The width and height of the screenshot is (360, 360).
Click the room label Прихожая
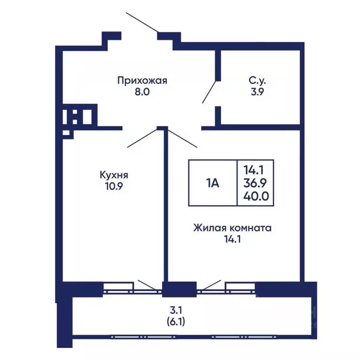pos(142,81)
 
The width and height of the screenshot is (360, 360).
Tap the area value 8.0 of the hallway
pos(142,92)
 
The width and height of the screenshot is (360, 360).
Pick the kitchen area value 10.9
pos(114,186)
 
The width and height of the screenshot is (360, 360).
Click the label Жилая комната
pos(232,229)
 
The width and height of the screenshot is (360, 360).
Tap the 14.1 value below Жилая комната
pos(232,240)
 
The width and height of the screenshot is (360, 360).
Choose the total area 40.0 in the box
pos(255,195)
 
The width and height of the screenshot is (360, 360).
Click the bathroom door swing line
pos(210,91)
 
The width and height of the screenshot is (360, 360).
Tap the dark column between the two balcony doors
pos(179,288)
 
